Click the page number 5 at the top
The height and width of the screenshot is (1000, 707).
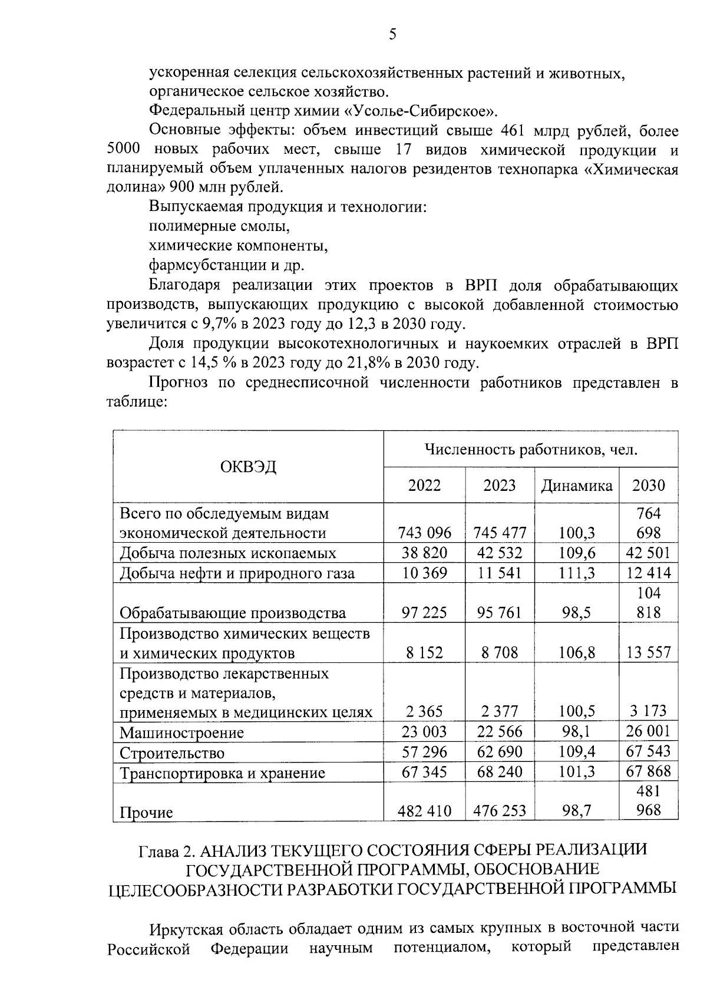[392, 35]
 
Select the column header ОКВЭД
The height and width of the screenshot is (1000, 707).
[248, 467]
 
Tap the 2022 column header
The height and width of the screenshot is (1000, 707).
[424, 485]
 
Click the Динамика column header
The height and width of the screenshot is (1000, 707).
[577, 485]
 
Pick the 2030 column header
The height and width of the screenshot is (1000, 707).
[648, 485]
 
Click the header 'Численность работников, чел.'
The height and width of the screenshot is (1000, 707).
[531, 450]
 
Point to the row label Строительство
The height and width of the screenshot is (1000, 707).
[172, 753]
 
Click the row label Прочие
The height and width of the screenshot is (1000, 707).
[146, 813]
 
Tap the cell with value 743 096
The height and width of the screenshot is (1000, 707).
[424, 533]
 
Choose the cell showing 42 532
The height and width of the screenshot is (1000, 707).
[500, 553]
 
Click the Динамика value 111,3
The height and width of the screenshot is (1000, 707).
[577, 573]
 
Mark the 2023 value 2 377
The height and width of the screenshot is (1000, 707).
[500, 711]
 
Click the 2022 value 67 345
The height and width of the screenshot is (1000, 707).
[424, 771]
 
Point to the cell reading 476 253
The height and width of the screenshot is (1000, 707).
[500, 811]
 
